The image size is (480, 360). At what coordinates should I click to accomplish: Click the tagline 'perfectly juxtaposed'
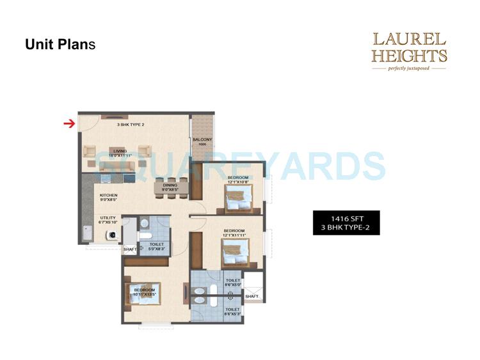pos(410,67)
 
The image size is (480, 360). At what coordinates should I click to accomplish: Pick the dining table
pos(171,186)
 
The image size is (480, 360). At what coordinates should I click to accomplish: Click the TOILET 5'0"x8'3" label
pos(157,246)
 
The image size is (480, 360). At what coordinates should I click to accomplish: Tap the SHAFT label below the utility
pos(130,249)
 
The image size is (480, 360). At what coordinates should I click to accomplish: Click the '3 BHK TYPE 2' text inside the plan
pos(131,125)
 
